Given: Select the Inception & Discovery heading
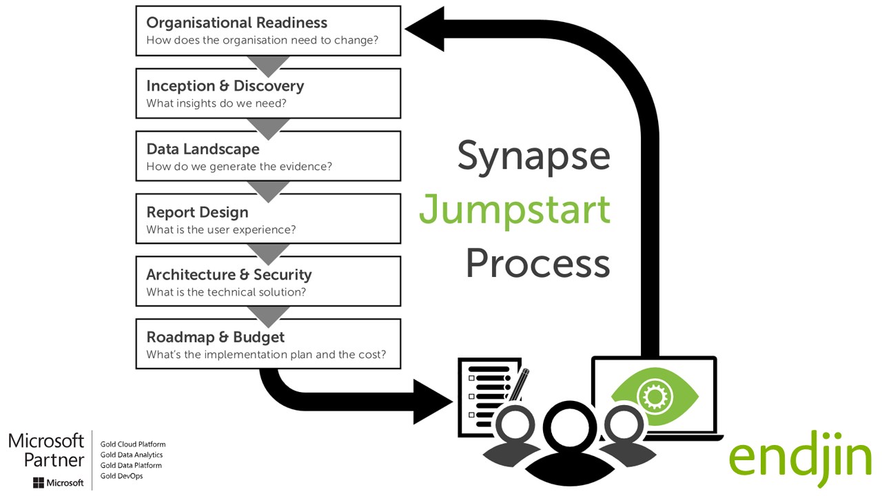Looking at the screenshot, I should click(x=225, y=86).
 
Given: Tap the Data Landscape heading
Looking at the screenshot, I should click(x=203, y=149).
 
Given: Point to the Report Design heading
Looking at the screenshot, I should click(x=197, y=212).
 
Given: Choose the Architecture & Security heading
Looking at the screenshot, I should click(x=229, y=275).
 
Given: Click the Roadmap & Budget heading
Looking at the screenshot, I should click(x=215, y=338).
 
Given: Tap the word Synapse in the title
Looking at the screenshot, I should click(x=533, y=156).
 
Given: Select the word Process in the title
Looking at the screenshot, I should click(x=537, y=262).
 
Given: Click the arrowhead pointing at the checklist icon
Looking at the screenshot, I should click(x=434, y=400).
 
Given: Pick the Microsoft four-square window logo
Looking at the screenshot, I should click(x=38, y=483).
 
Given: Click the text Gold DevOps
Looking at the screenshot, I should click(x=121, y=476).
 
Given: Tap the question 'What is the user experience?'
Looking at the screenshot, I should click(x=220, y=229).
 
